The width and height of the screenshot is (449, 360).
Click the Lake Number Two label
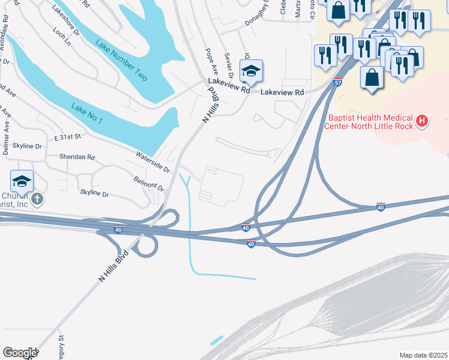click(121, 61)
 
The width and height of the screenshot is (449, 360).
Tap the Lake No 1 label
click(86, 113)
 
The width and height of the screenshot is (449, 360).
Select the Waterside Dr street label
click(153, 162)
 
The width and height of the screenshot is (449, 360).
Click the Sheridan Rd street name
click(77, 157)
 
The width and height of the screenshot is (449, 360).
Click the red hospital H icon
click(422, 121)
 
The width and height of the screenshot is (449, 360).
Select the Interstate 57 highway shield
click(338, 83)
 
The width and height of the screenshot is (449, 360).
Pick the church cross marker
click(37, 199)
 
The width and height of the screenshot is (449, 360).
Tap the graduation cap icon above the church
click(21, 181)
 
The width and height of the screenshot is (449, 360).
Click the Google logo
click(19, 353)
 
